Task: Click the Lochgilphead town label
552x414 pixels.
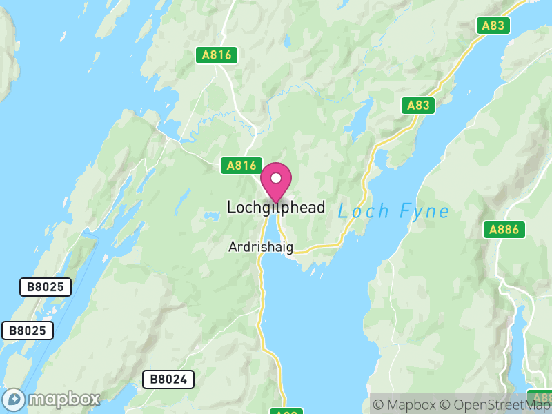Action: (x=275, y=207)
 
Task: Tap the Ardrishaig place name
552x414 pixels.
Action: (x=261, y=247)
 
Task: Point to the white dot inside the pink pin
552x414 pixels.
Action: (x=276, y=178)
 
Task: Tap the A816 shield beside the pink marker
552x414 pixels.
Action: (x=241, y=166)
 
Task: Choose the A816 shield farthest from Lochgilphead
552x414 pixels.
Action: (x=217, y=55)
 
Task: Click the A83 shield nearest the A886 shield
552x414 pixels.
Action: (x=419, y=106)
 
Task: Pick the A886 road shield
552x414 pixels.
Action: (x=504, y=230)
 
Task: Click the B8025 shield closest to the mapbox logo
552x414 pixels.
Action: (x=28, y=331)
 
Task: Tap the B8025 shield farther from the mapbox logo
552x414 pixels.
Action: (x=46, y=287)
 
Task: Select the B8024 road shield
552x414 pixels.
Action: (x=168, y=379)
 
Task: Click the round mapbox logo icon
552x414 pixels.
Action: (x=14, y=400)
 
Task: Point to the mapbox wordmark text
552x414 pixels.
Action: (x=63, y=400)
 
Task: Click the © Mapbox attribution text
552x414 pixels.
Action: (x=408, y=405)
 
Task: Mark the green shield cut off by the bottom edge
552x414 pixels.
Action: (x=286, y=411)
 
